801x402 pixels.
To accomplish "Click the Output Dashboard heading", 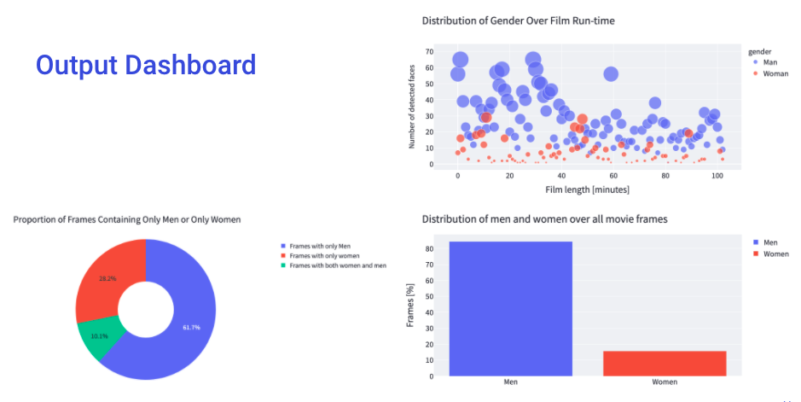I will click(146, 66).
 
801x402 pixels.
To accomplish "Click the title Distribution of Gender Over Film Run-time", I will click(518, 20).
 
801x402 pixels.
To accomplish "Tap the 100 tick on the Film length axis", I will click(717, 176).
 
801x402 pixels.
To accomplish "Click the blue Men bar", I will click(511, 308).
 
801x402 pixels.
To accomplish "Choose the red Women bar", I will click(665, 363).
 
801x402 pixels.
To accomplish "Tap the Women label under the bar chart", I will click(665, 382).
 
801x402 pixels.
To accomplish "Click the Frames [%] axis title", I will click(411, 308).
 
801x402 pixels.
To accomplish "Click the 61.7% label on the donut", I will click(191, 328).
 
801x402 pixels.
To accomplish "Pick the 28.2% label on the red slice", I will click(107, 278).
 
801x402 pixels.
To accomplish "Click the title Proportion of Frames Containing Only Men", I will click(127, 219).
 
